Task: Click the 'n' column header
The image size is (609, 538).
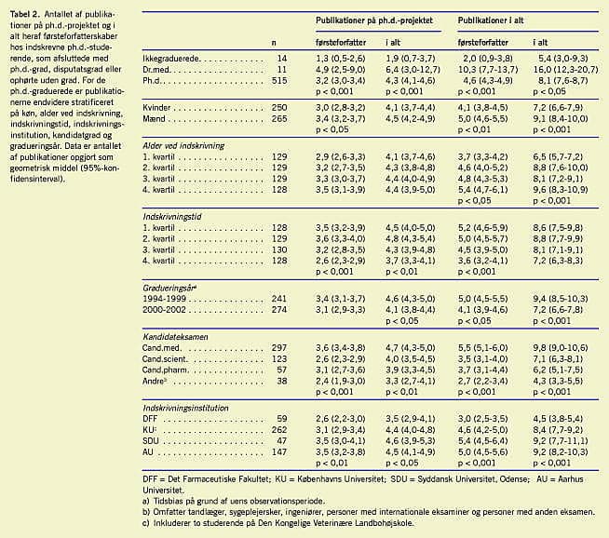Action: point(273,43)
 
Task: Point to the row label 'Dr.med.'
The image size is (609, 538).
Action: point(160,69)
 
